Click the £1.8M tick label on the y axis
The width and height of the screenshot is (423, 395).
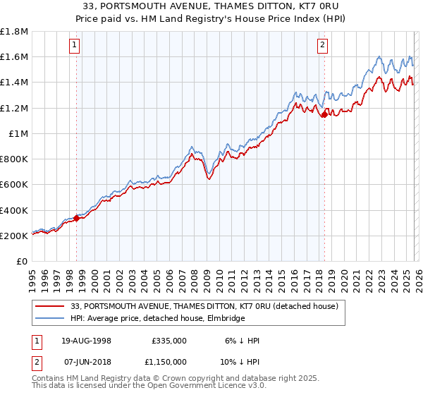(14, 32)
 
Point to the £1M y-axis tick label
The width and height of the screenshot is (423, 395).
(18, 133)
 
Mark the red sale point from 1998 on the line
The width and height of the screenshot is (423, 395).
(76, 218)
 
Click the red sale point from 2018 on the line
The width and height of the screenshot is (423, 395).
(324, 114)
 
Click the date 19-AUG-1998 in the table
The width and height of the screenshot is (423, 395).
(84, 341)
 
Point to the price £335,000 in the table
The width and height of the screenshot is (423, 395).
(169, 341)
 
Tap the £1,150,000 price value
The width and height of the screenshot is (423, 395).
(164, 361)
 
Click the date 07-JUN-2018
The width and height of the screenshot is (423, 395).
(84, 361)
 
